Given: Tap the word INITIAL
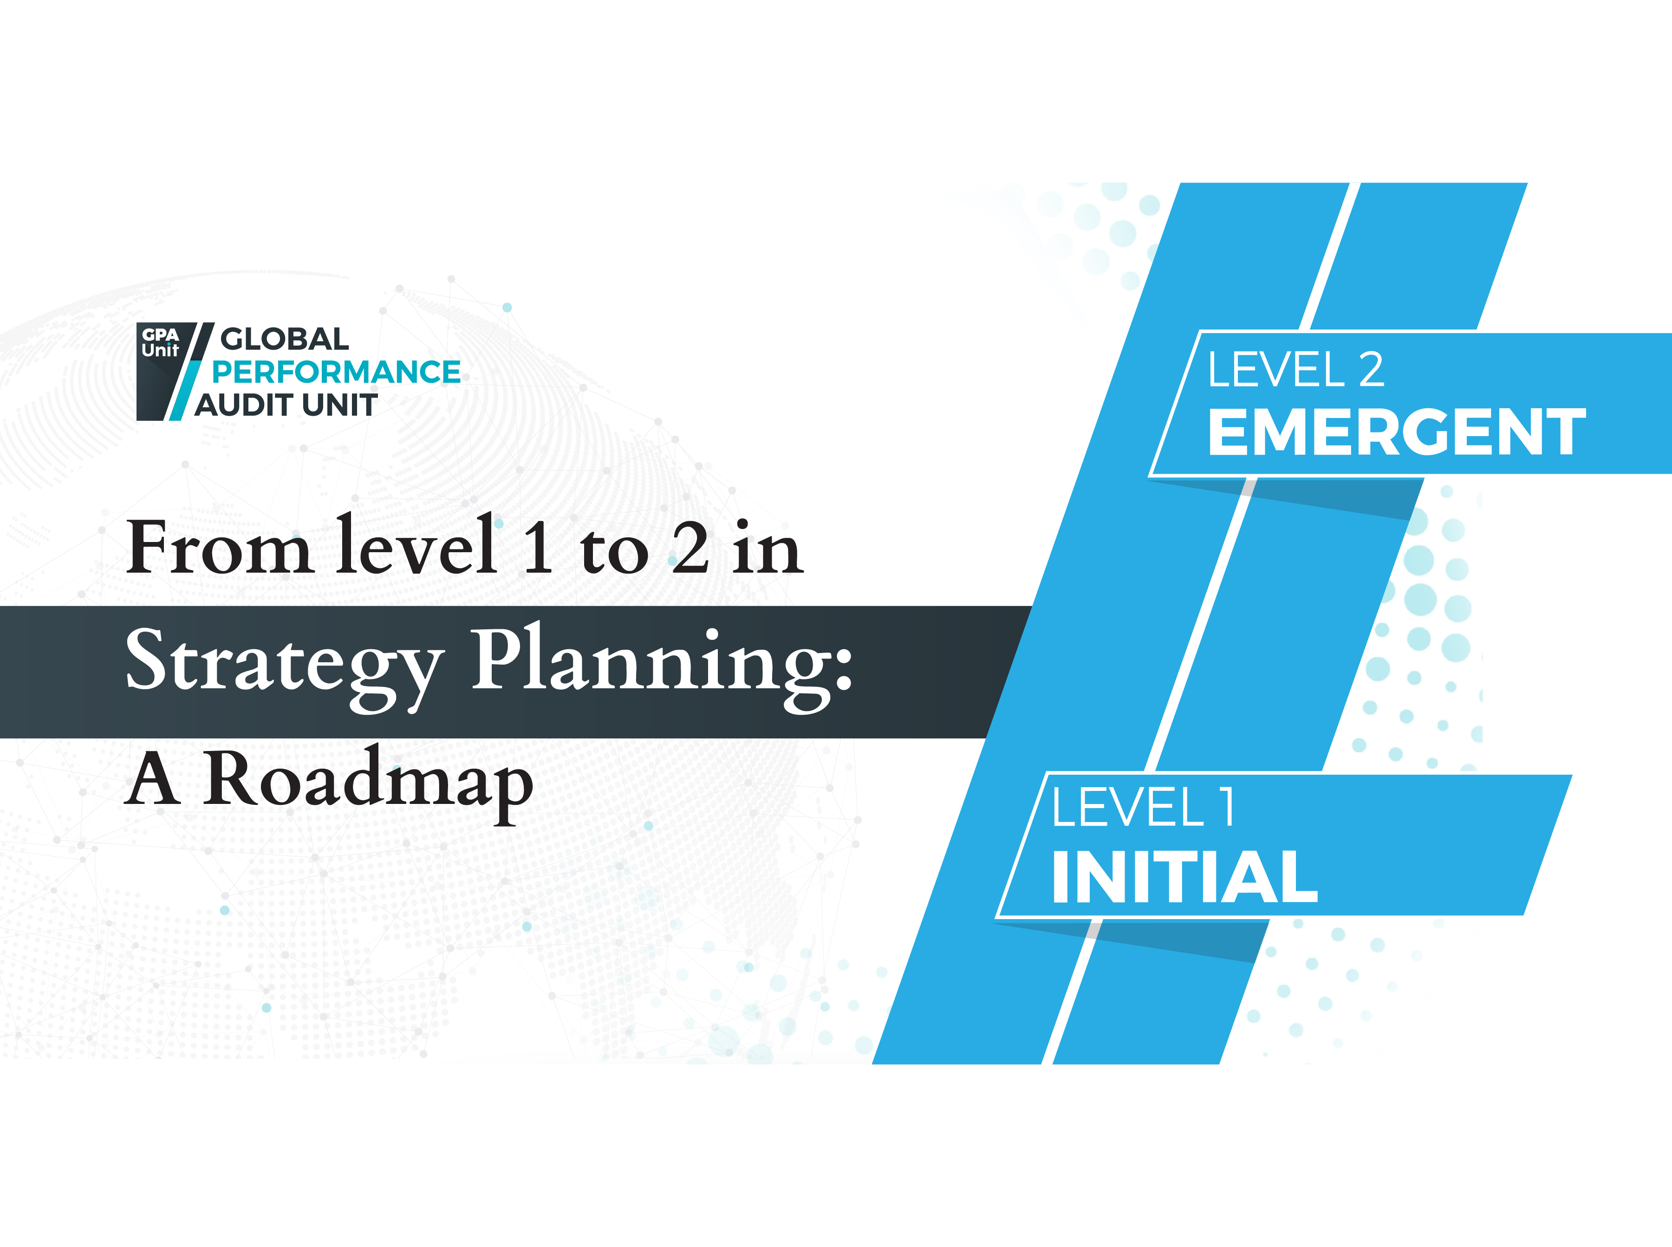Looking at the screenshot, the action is pos(1184,876).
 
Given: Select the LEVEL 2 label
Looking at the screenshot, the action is pos(1295,370).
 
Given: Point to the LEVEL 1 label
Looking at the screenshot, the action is pos(1143,807).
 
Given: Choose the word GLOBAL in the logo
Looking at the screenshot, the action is pos(285,339).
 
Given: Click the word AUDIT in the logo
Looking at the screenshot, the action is pos(241,405).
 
